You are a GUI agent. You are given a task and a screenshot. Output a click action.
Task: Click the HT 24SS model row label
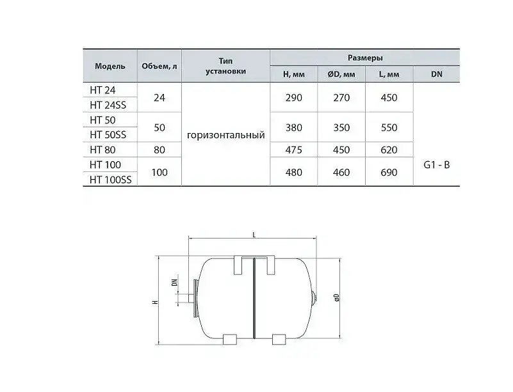click(x=108, y=105)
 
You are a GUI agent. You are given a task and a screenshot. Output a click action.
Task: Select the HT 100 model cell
click(x=105, y=164)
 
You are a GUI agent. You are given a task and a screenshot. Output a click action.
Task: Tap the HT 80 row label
click(x=102, y=150)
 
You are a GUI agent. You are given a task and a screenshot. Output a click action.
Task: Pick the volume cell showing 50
click(x=159, y=127)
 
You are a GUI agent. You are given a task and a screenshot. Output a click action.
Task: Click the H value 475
click(x=293, y=150)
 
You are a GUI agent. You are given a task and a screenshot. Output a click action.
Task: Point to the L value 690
click(x=389, y=172)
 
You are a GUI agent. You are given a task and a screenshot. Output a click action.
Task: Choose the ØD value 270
click(x=341, y=98)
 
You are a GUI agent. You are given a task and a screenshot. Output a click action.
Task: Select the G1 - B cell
click(x=436, y=165)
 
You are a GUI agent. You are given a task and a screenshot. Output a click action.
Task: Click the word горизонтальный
click(x=225, y=135)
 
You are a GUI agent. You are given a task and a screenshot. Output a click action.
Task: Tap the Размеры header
click(x=365, y=58)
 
